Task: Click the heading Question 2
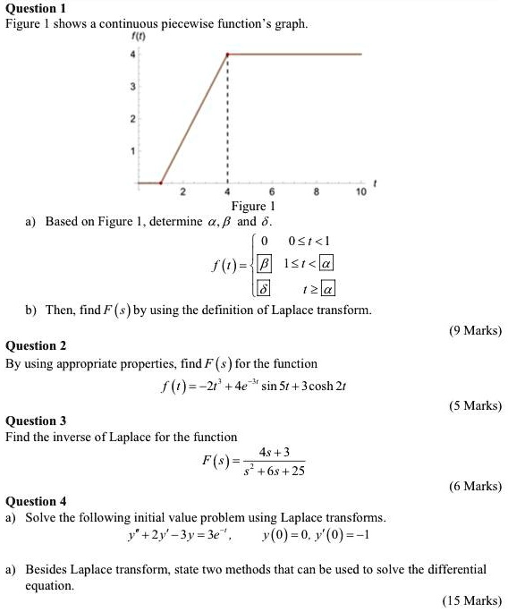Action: click(x=37, y=345)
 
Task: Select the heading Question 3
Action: click(x=37, y=421)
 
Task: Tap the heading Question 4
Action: click(x=37, y=501)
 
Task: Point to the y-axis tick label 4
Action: click(x=132, y=55)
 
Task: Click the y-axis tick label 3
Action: click(x=132, y=87)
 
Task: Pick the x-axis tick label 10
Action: click(x=360, y=192)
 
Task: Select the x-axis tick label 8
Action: click(x=317, y=192)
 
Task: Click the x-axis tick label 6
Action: click(x=272, y=192)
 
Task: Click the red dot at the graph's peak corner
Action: click(x=227, y=55)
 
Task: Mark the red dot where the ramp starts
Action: click(x=161, y=183)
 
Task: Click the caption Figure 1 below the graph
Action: click(x=254, y=207)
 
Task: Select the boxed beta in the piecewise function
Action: click(x=264, y=263)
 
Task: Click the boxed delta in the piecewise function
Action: click(x=264, y=288)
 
